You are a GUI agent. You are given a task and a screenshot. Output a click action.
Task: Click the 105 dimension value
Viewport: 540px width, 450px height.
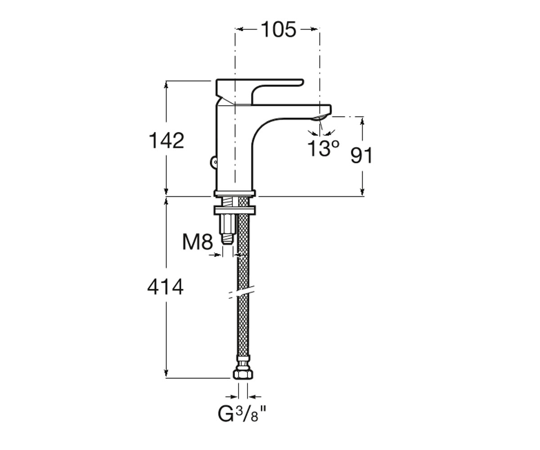click(x=278, y=30)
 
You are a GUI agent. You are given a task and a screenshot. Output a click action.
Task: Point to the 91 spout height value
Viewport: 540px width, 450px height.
click(x=361, y=155)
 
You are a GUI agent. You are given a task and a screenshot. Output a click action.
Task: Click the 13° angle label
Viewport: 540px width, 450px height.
click(x=323, y=148)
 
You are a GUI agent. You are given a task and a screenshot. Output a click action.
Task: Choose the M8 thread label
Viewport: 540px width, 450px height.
click(x=198, y=242)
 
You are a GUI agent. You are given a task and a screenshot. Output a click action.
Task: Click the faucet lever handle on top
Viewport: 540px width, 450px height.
click(x=259, y=91)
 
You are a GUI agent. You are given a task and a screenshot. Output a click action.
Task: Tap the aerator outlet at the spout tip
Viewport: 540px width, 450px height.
click(x=319, y=118)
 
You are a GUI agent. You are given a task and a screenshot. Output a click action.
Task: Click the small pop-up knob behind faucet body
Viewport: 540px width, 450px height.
click(x=214, y=162)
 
